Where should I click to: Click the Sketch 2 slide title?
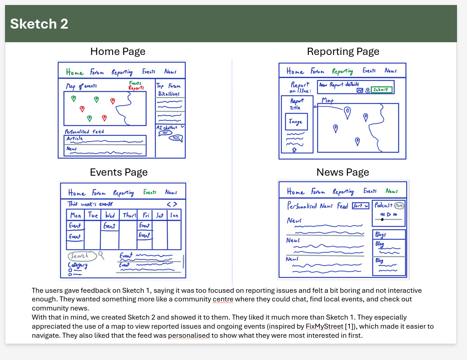tap(39, 24)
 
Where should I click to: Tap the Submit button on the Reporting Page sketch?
tap(382, 90)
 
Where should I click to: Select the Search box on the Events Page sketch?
tap(82, 256)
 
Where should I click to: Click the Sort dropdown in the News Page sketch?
tap(360, 206)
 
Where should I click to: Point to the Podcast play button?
tap(388, 214)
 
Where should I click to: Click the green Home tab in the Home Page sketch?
tap(75, 73)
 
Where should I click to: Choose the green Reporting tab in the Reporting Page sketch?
tap(343, 71)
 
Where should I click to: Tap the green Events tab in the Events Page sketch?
tap(149, 192)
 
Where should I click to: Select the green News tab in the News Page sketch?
tap(392, 191)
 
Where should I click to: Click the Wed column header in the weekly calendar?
tap(109, 215)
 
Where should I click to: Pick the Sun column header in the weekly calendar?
tap(174, 215)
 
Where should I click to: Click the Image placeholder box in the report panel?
tap(296, 122)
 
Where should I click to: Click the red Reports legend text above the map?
tap(136, 88)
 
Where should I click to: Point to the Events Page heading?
tap(119, 172)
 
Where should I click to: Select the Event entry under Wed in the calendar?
tap(109, 226)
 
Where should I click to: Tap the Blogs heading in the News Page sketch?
tap(381, 235)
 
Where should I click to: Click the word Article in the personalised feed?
tap(75, 138)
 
